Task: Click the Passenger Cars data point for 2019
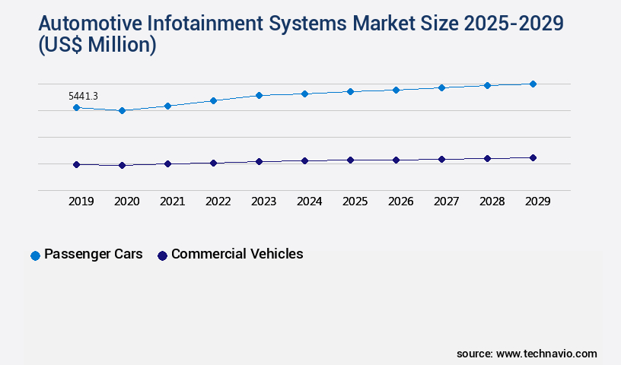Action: click(x=76, y=107)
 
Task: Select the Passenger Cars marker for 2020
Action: click(x=122, y=110)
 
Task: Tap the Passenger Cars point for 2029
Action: click(x=533, y=84)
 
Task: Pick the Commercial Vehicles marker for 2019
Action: click(x=76, y=164)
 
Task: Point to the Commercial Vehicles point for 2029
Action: click(x=533, y=157)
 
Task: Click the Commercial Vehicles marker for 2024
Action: click(x=304, y=160)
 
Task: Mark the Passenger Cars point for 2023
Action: click(x=259, y=95)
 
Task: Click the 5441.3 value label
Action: click(x=83, y=96)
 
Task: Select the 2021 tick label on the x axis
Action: click(x=172, y=202)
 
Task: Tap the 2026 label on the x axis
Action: click(x=400, y=202)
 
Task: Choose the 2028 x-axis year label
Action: click(x=492, y=202)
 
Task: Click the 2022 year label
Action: click(x=218, y=202)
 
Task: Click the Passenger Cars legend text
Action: click(x=94, y=254)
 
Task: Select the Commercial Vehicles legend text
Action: click(x=237, y=254)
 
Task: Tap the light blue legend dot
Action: click(x=35, y=255)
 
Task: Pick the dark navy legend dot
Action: click(x=162, y=255)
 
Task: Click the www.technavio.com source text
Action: click(x=546, y=354)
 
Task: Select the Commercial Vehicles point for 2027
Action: click(x=441, y=159)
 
